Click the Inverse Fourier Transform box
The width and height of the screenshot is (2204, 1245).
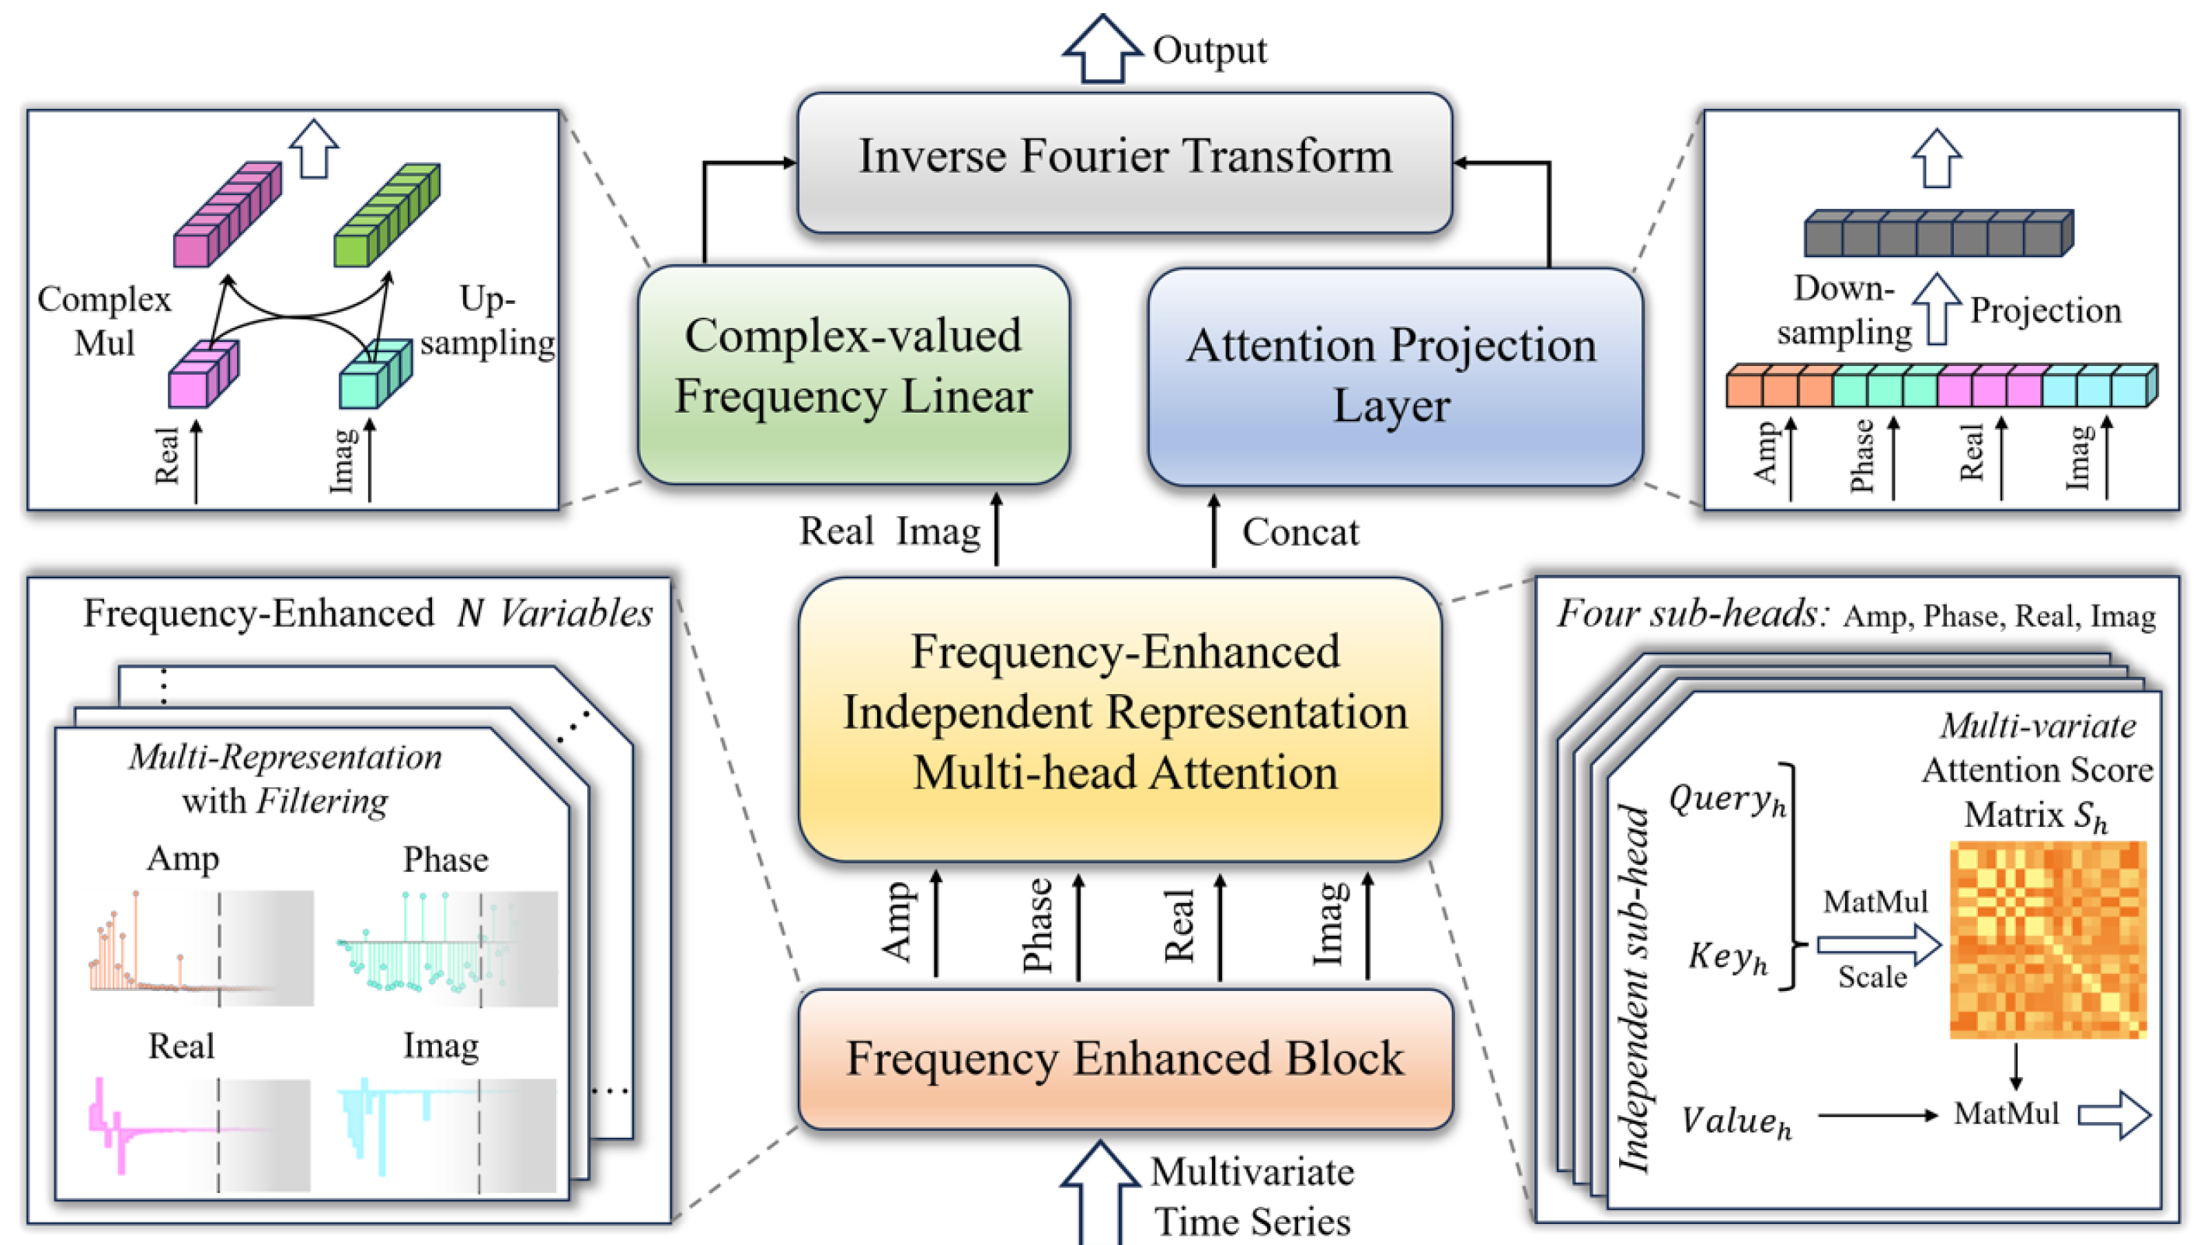(x=1124, y=161)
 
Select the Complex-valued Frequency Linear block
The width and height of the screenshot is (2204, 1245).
(x=853, y=374)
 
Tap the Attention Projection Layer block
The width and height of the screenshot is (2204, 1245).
(x=1394, y=376)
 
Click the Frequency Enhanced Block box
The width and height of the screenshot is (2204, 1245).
(x=1124, y=1058)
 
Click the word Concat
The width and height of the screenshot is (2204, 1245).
(x=1300, y=532)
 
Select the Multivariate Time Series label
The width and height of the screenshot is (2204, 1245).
(x=1252, y=1196)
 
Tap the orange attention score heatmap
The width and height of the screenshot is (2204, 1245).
(x=2047, y=940)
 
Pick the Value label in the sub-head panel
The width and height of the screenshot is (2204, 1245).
(x=1735, y=1121)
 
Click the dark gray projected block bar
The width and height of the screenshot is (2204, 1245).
(x=1938, y=234)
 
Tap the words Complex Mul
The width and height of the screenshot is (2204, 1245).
(x=103, y=321)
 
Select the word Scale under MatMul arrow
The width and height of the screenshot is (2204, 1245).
(x=1872, y=977)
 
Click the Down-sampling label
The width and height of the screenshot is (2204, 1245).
(x=1844, y=311)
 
